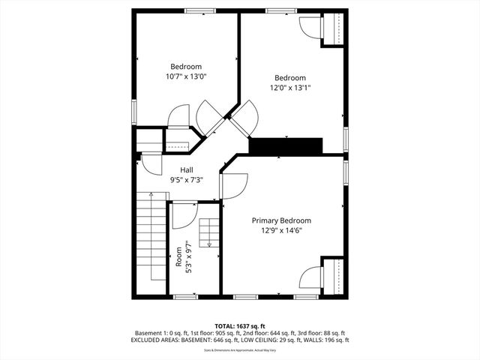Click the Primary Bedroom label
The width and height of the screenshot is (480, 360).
[281, 220]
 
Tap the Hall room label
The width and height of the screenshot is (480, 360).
[187, 170]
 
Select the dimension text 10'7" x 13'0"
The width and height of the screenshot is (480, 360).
[187, 76]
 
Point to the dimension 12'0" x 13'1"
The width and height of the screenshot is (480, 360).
[290, 88]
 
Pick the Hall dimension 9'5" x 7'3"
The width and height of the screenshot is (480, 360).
[187, 180]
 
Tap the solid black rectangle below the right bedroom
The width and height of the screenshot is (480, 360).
[285, 146]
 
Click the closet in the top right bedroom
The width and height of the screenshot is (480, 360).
[332, 29]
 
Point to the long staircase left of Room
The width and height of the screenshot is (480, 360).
[151, 236]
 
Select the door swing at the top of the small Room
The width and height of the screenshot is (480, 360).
[183, 215]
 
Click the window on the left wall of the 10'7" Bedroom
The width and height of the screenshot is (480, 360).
[134, 111]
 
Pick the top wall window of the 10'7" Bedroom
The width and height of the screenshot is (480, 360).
[197, 10]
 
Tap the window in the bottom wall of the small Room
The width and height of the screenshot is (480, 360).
[185, 297]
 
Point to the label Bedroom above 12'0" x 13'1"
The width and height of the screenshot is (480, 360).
[290, 78]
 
